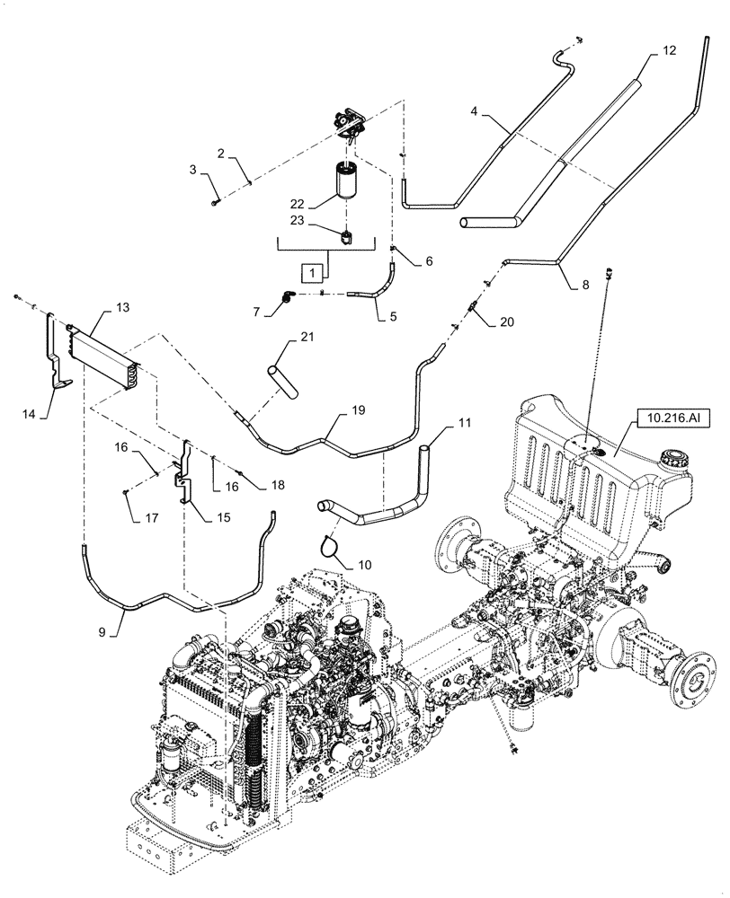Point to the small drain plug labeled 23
348,237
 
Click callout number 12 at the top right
669,52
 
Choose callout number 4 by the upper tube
472,111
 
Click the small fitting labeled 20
470,309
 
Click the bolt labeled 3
214,204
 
